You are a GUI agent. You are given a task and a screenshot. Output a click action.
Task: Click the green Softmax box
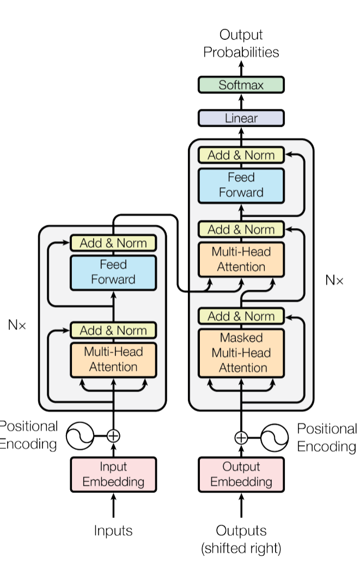coord(241,85)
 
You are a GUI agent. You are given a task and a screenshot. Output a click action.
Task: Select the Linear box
coord(241,118)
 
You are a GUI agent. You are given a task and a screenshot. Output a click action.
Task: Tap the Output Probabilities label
coord(241,44)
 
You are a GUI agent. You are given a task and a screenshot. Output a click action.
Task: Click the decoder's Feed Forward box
coord(241,185)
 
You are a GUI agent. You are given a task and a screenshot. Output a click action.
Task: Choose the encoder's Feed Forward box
coord(113,272)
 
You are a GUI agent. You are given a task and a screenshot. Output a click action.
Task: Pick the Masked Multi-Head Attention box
coord(241,353)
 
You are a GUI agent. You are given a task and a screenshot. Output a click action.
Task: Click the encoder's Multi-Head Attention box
coord(113,359)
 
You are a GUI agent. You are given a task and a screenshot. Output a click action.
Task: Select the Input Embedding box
coord(113,474)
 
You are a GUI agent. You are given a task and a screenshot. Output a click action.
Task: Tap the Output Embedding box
coord(241,474)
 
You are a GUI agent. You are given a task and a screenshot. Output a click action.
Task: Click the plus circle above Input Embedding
coord(113,436)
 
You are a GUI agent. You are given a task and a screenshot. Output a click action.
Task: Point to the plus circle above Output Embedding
coord(241,437)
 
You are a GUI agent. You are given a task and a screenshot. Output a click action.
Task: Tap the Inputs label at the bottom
coord(113,530)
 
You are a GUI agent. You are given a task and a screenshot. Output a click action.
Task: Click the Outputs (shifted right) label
coord(241,539)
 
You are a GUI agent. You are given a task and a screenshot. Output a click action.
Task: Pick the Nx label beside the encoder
coord(16,325)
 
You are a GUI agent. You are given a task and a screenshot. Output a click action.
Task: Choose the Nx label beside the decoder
coord(334,280)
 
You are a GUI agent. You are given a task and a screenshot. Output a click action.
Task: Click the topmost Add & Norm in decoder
coord(241,155)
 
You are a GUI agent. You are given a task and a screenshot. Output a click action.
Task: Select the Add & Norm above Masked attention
coord(241,316)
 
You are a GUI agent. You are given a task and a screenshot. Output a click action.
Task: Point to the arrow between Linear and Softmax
coord(241,102)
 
